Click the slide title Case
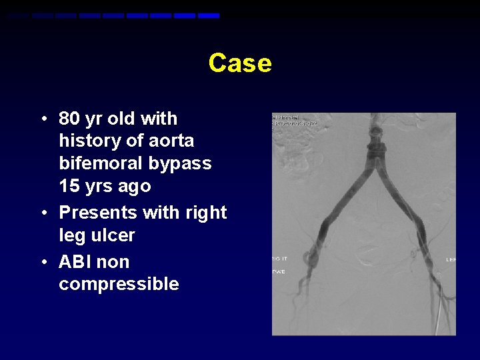239,63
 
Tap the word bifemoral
101,163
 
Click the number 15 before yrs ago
69,186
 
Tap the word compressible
119,284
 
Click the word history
89,141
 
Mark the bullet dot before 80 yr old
43,119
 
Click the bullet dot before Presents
43,213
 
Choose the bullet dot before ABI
43,263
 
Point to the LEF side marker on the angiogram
451,259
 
